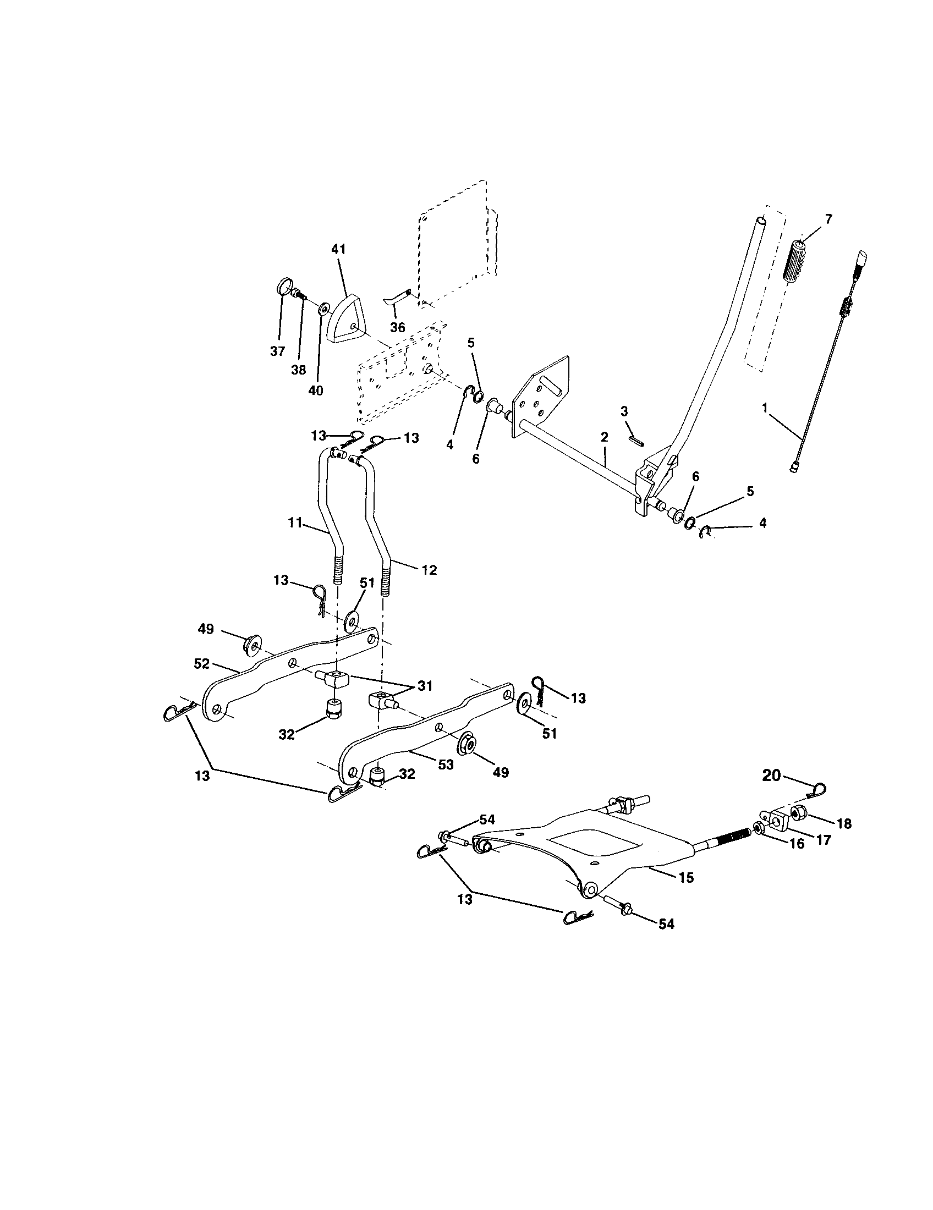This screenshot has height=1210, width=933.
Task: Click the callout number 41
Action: click(x=338, y=249)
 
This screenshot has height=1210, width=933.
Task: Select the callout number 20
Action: click(x=771, y=776)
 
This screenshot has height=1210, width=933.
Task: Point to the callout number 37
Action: click(x=277, y=351)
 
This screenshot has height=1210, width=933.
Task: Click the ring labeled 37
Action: click(x=283, y=289)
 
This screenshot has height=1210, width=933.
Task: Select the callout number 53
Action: click(x=446, y=765)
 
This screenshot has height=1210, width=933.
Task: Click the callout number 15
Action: click(x=685, y=878)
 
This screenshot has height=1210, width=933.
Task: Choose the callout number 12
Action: click(x=429, y=570)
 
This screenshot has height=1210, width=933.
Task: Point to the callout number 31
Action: click(x=424, y=686)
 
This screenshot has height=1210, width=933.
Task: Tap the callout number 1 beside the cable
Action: click(x=765, y=408)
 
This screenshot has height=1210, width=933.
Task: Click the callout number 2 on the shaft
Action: click(x=604, y=437)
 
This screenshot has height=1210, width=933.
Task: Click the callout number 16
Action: click(x=796, y=845)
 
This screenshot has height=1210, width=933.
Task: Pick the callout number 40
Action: click(x=315, y=391)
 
